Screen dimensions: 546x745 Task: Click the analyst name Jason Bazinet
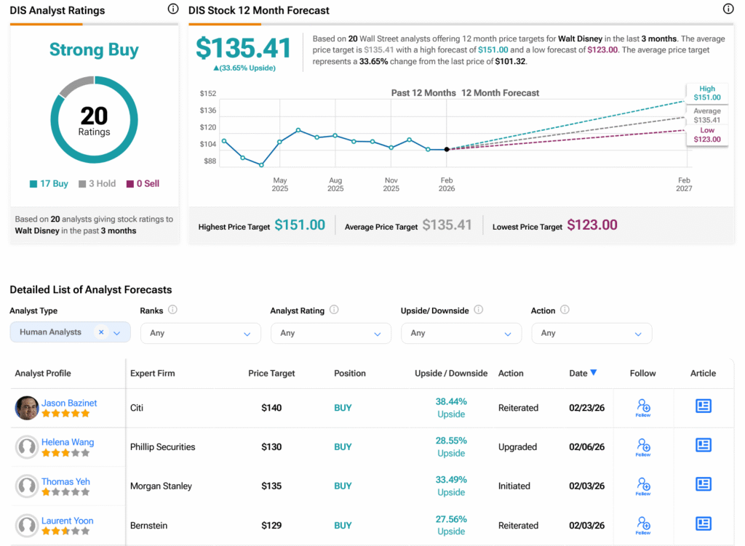[69, 403]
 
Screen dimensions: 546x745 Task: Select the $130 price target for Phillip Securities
[271, 447]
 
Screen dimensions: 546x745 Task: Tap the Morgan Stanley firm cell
[161, 486]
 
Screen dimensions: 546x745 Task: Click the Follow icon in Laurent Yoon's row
[643, 525]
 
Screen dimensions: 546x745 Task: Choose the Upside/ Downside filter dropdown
[461, 333]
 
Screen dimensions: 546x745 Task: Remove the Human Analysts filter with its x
[101, 332]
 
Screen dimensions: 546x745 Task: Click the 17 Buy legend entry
[49, 184]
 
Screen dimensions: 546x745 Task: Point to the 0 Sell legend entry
[143, 184]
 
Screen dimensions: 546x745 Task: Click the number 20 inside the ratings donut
[94, 116]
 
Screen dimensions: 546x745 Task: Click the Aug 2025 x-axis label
[335, 184]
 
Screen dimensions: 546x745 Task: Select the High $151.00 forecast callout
[706, 93]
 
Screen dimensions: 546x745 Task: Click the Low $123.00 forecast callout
[706, 135]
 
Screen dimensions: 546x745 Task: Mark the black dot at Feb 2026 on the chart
[447, 149]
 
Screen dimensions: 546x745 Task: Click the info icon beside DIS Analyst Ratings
[172, 9]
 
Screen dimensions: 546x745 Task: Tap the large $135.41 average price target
[244, 48]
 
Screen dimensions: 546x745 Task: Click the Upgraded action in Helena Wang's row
[517, 447]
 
